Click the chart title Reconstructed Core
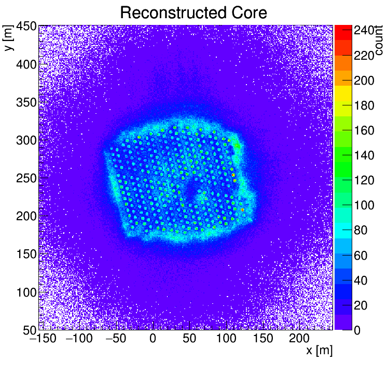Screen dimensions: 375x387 (193, 12)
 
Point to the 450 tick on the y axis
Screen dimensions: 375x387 (25, 27)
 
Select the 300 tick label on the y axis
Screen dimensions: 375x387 (25, 140)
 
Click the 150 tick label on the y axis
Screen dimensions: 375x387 (25, 254)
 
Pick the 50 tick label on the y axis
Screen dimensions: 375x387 (28, 330)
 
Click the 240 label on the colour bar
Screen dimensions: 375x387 (364, 31)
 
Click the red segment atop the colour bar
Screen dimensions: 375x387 (343, 29)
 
